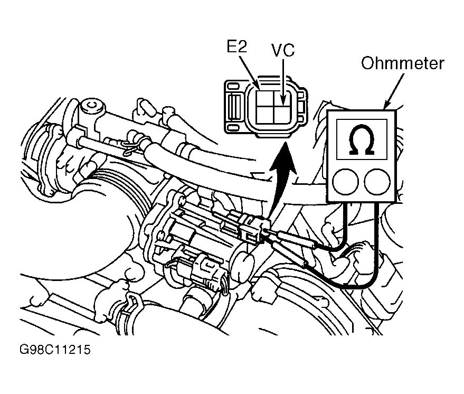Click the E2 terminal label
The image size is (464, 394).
coord(236,46)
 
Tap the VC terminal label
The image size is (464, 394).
coord(283,50)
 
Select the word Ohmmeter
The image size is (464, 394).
coord(403,63)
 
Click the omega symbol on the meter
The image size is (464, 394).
coord(362,139)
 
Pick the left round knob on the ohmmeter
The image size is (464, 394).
coord(345,182)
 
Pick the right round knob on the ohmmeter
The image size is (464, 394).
coord(377,182)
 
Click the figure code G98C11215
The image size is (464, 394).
coord(55,350)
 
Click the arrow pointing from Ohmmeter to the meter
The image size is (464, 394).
coord(394,91)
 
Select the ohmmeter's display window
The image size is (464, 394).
coord(362,139)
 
